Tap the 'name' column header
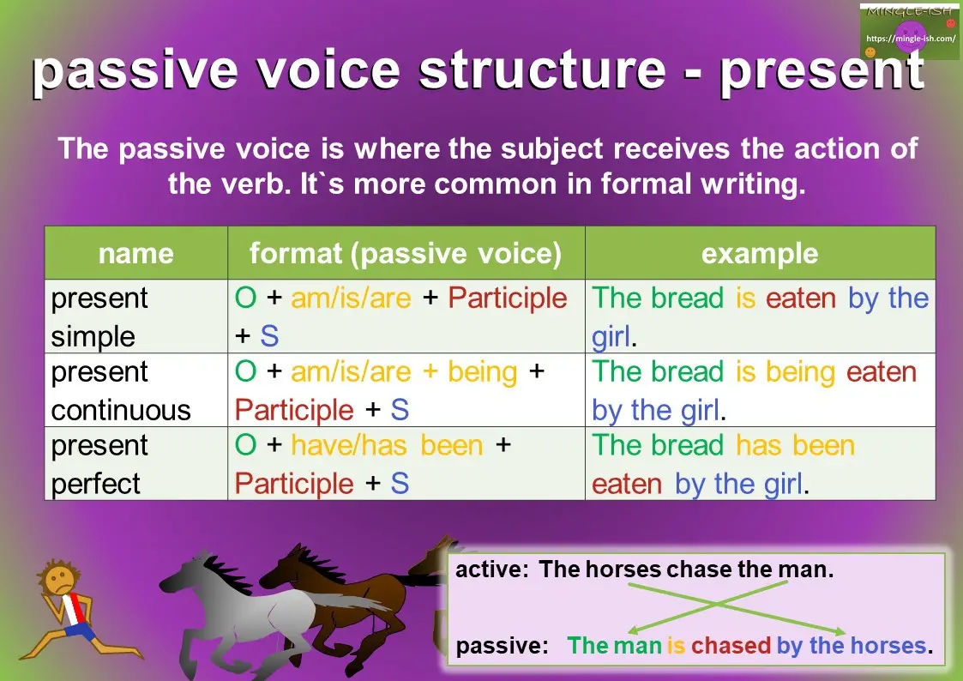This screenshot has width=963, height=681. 135,254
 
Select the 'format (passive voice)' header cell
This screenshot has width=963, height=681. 406,254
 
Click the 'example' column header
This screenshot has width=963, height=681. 759,254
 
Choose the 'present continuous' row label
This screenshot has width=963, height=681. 120,390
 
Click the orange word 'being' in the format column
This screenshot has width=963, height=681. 482,372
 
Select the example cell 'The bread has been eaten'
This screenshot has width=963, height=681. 723,464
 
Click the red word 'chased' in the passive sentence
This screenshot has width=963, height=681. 731,646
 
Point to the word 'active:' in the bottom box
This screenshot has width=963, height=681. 492,570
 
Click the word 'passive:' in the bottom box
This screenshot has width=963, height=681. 502,646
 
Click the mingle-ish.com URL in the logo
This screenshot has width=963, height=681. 910,39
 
